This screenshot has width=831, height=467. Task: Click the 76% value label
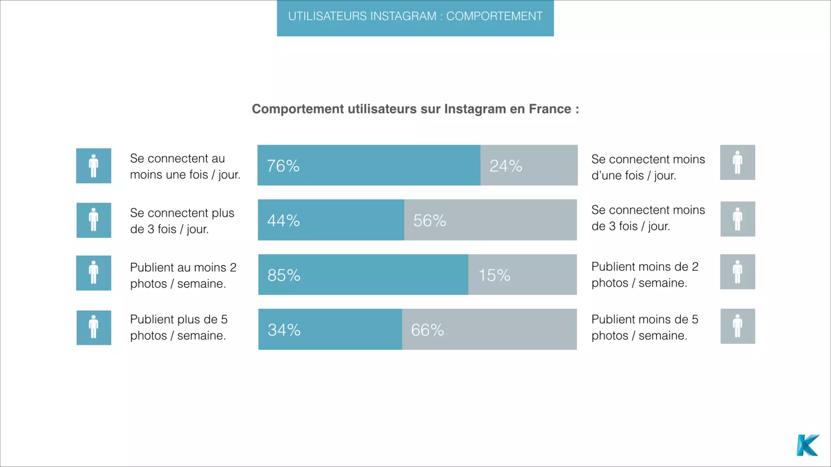(x=283, y=166)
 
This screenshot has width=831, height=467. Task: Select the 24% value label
(x=506, y=166)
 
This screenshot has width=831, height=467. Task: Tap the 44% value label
(x=283, y=221)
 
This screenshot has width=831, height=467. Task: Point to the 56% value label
(x=429, y=221)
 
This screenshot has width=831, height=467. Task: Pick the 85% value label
(x=284, y=275)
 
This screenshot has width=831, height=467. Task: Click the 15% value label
(x=494, y=275)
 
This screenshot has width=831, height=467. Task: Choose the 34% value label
(x=284, y=330)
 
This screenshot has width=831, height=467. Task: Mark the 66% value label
(x=427, y=330)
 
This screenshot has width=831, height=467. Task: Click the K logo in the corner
(x=807, y=445)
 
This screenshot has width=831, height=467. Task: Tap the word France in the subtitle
(x=550, y=109)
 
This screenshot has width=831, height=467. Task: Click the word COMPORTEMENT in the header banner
(x=494, y=16)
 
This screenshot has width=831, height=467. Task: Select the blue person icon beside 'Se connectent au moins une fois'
(x=94, y=166)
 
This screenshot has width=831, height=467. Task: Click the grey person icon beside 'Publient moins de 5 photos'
(x=738, y=326)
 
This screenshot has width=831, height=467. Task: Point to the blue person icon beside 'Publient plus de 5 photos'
(x=94, y=328)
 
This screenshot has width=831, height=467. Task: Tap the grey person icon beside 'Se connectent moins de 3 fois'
(x=738, y=219)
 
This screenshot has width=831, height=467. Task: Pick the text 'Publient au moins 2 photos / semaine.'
(x=183, y=275)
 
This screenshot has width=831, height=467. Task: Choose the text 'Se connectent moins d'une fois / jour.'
(x=648, y=167)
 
